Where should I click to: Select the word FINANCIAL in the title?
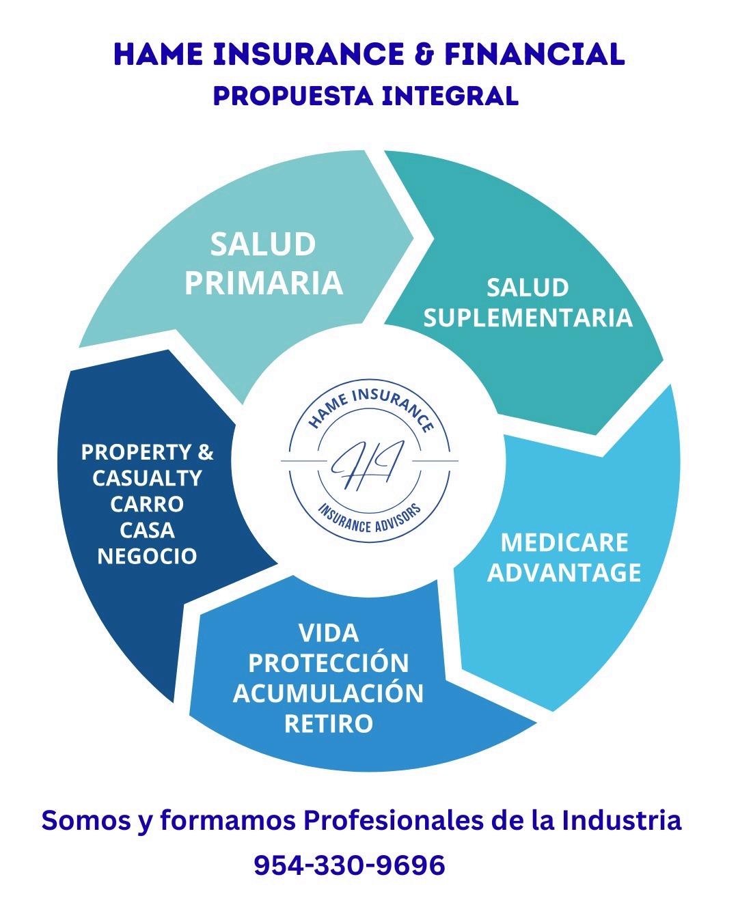click(x=534, y=55)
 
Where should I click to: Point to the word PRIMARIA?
click(x=263, y=283)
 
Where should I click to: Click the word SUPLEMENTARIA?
click(x=528, y=318)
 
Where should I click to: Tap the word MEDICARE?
click(x=564, y=542)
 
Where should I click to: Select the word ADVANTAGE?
click(x=564, y=572)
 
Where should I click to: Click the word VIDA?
click(x=329, y=633)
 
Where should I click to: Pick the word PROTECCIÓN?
click(x=329, y=662)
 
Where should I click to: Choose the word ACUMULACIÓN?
click(x=329, y=693)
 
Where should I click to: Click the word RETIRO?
click(x=329, y=723)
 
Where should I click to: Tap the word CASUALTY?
click(x=147, y=478)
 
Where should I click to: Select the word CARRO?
click(x=147, y=504)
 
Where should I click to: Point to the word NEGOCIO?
click(x=147, y=556)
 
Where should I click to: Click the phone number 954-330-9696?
click(x=349, y=865)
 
